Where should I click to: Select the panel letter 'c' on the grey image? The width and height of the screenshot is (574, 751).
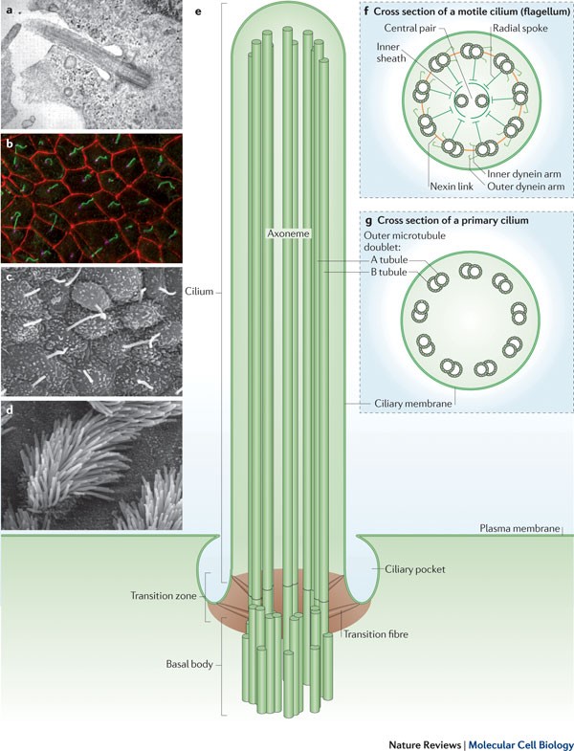coord(9,279)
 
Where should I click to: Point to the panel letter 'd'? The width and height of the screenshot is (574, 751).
coord(9,411)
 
